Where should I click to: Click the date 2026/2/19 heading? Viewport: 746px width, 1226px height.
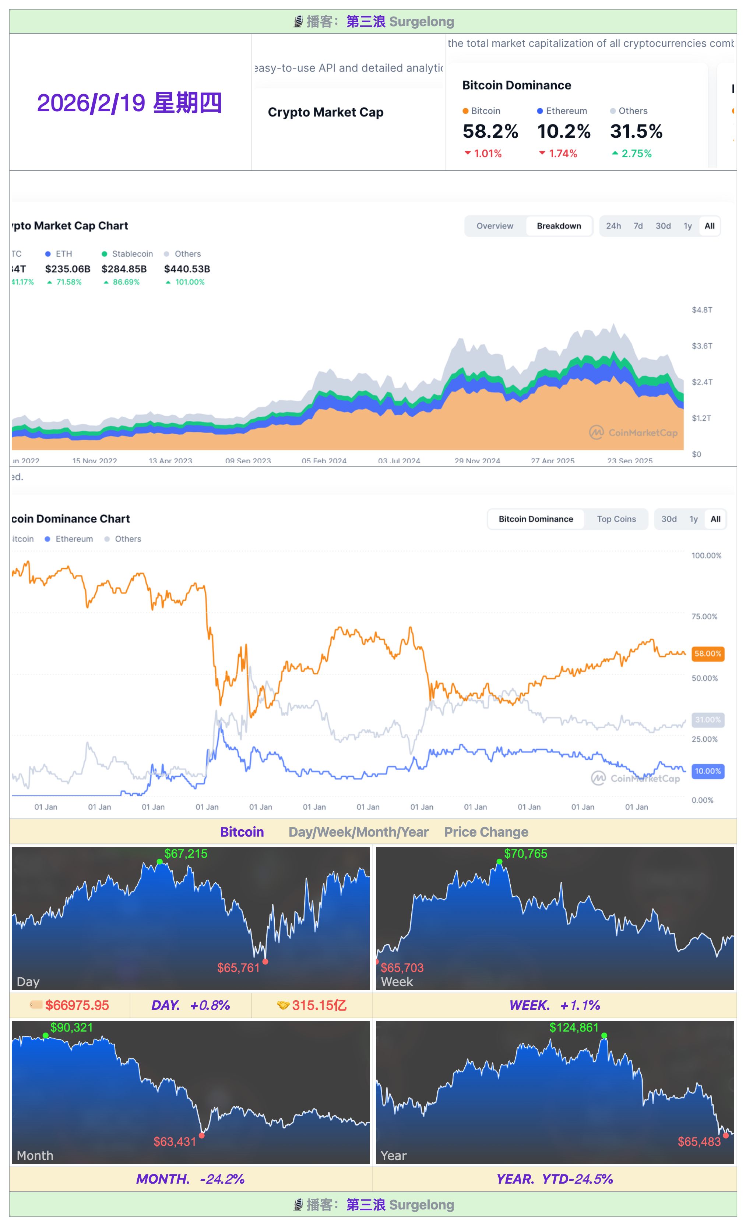(129, 104)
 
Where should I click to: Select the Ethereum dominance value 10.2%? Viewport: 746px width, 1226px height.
(563, 132)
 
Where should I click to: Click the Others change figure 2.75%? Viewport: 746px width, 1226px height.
(636, 154)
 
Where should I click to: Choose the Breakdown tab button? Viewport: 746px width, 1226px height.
(559, 226)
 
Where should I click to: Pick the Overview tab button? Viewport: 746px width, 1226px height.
(495, 226)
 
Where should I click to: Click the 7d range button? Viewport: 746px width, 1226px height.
(638, 226)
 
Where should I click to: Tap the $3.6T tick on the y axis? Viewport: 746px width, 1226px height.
(702, 346)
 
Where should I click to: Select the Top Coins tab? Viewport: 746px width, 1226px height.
(616, 519)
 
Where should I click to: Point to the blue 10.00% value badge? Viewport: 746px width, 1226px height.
(707, 771)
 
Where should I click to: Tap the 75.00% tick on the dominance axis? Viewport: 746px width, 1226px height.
(704, 616)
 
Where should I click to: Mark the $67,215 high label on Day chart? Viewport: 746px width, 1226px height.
(186, 854)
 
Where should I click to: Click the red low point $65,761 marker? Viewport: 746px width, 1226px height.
(265, 962)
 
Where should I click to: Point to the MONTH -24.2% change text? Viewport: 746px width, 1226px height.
(190, 1179)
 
